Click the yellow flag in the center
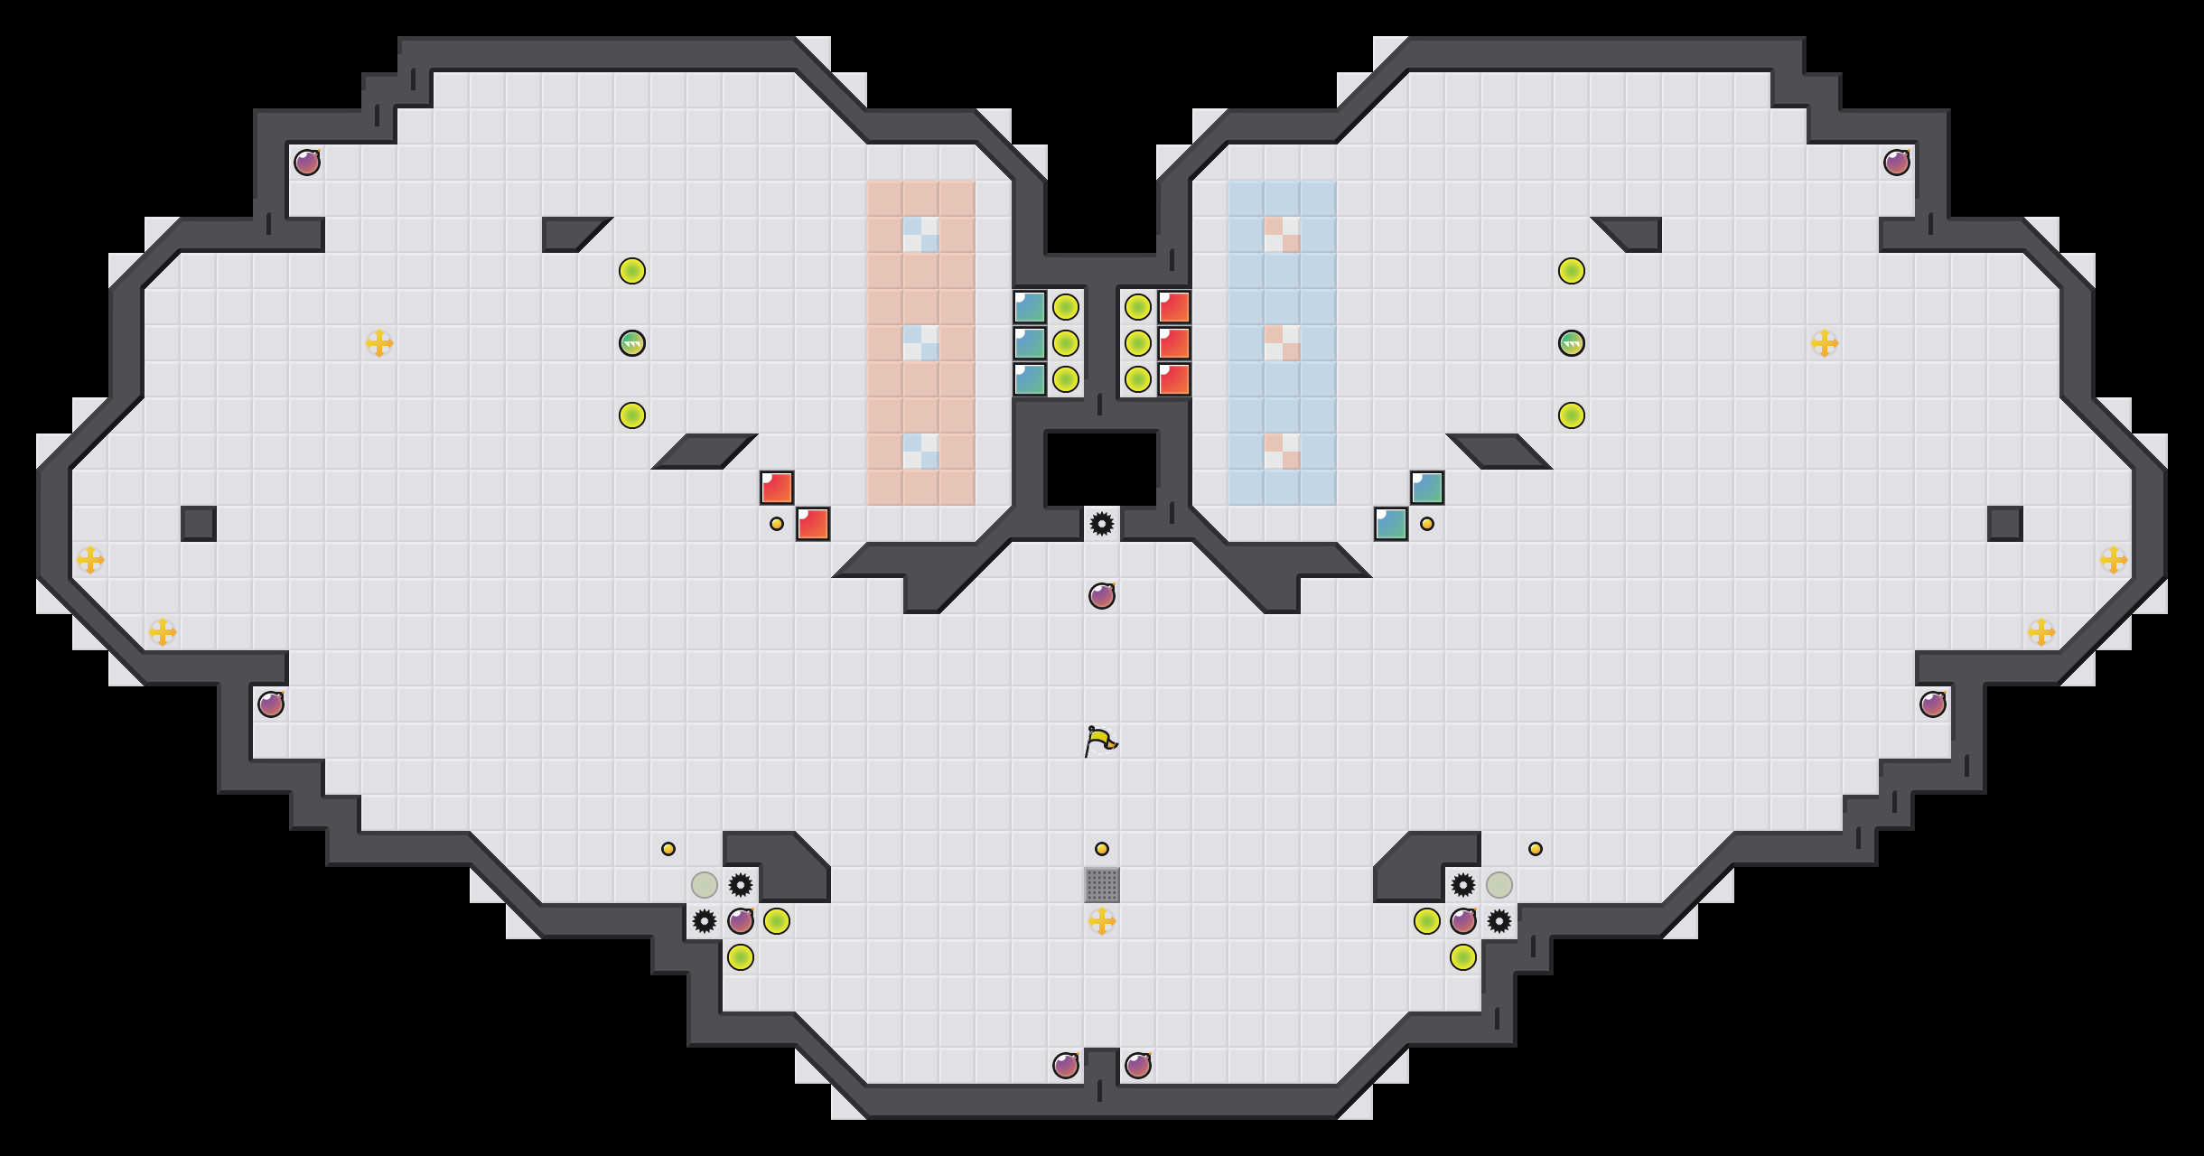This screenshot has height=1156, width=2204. (1101, 741)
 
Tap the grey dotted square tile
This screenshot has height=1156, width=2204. (1102, 885)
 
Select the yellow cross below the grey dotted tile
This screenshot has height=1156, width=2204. (1102, 921)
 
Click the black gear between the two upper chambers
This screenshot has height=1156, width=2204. (1102, 524)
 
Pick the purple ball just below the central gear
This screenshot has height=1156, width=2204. (1102, 596)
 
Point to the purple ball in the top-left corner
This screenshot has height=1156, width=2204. (307, 163)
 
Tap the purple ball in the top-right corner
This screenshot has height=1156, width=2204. (1897, 163)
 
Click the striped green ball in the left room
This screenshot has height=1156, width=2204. (632, 343)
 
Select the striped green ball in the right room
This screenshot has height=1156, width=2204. (1572, 343)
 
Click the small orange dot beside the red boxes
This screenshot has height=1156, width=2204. (777, 524)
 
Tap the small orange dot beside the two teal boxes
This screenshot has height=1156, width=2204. (1427, 524)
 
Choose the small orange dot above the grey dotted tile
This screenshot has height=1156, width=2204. (1102, 849)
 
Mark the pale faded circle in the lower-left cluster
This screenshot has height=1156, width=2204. (705, 885)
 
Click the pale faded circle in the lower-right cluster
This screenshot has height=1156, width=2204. (1499, 885)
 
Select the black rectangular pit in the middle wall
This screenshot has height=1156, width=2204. (1102, 468)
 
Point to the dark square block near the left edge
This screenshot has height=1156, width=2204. (199, 524)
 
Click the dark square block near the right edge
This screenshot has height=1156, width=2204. (2005, 524)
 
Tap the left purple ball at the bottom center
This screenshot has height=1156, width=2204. (1066, 1066)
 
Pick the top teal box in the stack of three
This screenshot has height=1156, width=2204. (1030, 307)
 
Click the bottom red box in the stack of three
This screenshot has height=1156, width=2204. (1174, 379)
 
